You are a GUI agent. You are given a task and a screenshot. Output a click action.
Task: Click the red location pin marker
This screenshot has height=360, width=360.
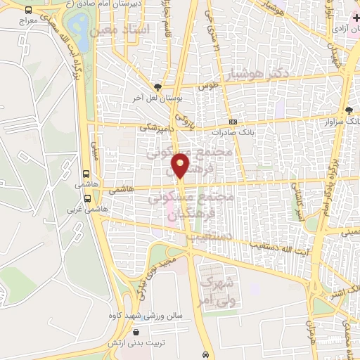coord(181,165)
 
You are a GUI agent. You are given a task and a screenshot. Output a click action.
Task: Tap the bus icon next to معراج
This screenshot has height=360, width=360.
coord(27,11)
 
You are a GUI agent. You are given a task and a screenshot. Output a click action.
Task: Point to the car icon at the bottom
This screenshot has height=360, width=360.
coord(205,354)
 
